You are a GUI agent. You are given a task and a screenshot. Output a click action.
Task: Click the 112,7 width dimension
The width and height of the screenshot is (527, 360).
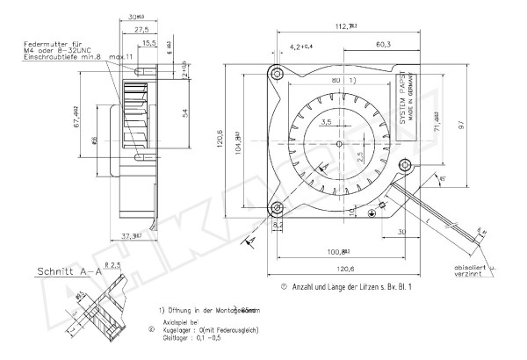343,26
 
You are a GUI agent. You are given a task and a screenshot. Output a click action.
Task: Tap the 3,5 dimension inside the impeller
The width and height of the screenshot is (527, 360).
326,124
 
